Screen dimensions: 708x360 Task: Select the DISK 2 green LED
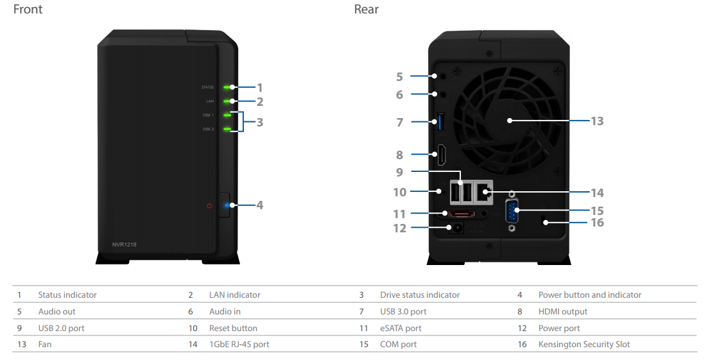[x=227, y=129]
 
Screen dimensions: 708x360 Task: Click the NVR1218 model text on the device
[x=124, y=244]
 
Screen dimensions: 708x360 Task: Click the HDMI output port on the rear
[x=441, y=155]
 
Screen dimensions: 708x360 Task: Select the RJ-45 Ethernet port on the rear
[x=483, y=192]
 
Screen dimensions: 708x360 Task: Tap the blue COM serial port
[x=512, y=211]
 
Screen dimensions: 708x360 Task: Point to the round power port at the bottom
[x=455, y=228]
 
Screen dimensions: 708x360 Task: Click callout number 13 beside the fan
[x=597, y=121]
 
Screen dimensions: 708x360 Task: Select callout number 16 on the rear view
[x=597, y=223]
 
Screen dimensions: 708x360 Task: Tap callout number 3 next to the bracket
[x=259, y=123]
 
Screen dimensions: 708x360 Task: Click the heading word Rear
[x=366, y=9]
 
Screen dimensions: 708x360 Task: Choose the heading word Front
[x=28, y=9]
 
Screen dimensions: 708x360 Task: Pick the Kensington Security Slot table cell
[x=584, y=344]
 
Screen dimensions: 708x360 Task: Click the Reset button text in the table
[x=233, y=328]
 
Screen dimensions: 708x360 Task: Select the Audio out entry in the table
[x=57, y=311]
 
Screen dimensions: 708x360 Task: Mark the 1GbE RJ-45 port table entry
[x=239, y=344]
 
